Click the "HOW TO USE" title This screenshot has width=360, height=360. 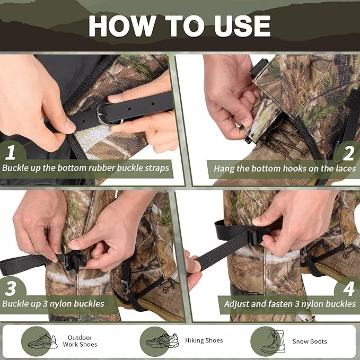tap(179, 25)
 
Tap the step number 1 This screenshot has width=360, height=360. tap(11, 152)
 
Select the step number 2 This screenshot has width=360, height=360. tap(348, 152)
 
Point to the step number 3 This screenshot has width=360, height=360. tap(11, 288)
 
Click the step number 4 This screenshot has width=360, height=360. tap(348, 288)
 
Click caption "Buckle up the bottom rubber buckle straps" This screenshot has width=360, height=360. tap(85, 168)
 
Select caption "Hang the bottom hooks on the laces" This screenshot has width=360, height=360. tap(285, 168)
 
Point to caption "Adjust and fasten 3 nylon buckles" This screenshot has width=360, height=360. tap(290, 304)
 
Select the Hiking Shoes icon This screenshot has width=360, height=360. tap(162, 341)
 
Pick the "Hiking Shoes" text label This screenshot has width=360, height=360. tap(204, 340)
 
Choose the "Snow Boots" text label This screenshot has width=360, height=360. tap(310, 341)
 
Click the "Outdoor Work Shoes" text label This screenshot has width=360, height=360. tap(80, 341)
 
